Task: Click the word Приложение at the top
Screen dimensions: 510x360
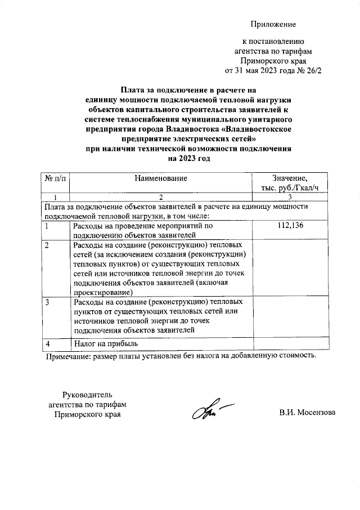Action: click(x=273, y=25)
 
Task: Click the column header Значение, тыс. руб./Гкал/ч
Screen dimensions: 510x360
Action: click(x=290, y=183)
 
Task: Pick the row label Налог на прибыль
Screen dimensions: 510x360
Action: click(x=106, y=343)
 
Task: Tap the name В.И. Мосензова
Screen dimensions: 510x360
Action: click(x=307, y=413)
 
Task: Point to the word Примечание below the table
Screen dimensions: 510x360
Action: click(x=67, y=355)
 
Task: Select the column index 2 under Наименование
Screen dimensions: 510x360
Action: click(x=160, y=197)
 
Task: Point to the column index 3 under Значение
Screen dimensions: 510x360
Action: click(x=290, y=197)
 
